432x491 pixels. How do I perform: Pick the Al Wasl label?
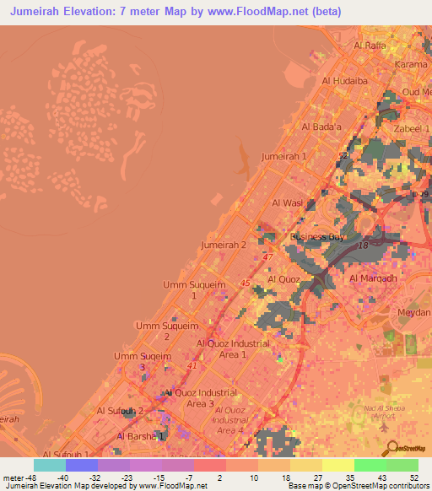[x=287, y=203]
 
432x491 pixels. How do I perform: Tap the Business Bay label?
[x=317, y=237]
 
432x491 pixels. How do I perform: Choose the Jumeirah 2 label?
[x=224, y=245]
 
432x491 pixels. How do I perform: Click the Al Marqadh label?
[x=373, y=278]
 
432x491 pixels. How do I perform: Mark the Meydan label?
[x=413, y=311]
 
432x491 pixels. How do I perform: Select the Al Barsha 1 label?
[x=139, y=436]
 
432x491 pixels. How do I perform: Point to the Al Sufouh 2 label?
[x=121, y=411]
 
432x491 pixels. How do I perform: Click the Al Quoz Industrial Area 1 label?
[x=233, y=349]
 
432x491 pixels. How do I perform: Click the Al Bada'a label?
[x=321, y=127]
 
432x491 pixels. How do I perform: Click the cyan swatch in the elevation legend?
[x=50, y=465]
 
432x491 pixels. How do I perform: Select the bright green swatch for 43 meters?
[x=370, y=465]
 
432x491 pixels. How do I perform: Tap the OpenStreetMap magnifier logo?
[x=390, y=446]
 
